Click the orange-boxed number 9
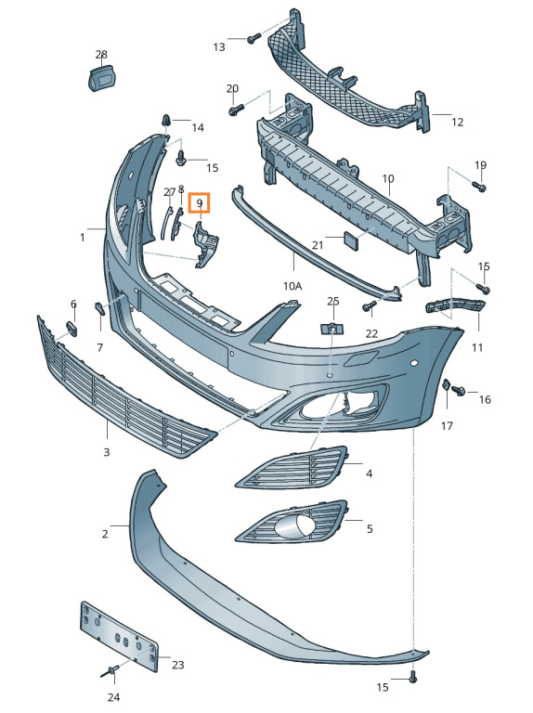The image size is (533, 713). tap(200, 202)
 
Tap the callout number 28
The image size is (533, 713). tap(101, 55)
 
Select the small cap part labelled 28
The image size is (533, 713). tap(103, 77)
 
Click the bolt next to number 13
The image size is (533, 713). tap(253, 38)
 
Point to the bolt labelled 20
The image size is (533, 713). tap(237, 110)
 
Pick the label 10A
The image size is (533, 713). tap(292, 286)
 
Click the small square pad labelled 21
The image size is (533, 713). tap(351, 240)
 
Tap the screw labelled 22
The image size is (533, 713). tap(369, 306)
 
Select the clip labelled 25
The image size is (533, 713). tap(333, 328)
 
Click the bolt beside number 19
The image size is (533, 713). tap(479, 186)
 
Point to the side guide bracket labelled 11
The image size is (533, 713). tap(455, 306)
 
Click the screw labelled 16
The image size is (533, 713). tap(459, 391)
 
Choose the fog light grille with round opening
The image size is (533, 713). tap(291, 523)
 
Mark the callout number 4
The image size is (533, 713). tap(369, 473)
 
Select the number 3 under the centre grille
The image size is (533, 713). tap(107, 452)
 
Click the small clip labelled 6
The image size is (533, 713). tap(71, 329)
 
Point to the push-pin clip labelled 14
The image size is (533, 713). tap(166, 122)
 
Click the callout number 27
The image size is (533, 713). tap(170, 192)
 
